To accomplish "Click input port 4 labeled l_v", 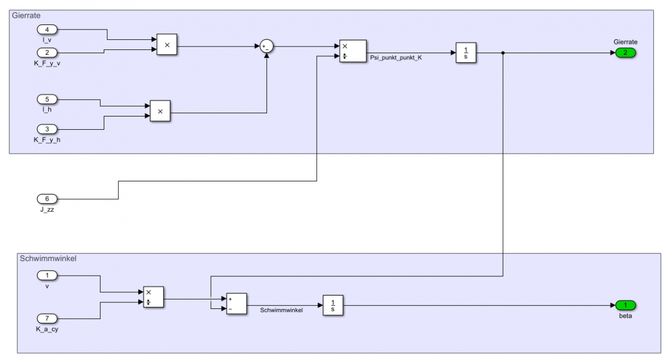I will (47, 29).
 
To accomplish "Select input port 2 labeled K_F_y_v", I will (47, 53).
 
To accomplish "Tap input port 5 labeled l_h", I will (47, 100).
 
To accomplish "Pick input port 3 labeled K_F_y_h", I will (47, 129).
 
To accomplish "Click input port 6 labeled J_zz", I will (47, 199).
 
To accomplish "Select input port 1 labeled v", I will (47, 276).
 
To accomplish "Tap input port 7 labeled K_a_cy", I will (47, 318).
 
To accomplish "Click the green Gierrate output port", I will (625, 53).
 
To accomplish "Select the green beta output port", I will (625, 305).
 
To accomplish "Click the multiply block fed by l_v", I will (167, 44).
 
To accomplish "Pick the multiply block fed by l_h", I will (160, 111).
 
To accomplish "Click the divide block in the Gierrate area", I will (353, 51).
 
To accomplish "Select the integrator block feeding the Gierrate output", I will (466, 53).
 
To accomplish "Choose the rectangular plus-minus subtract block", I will (236, 303).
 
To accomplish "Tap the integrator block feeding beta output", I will (333, 305).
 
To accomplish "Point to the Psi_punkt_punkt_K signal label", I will (396, 58).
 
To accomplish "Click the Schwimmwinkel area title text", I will (48, 258).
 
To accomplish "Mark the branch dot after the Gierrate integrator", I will (503, 53).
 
